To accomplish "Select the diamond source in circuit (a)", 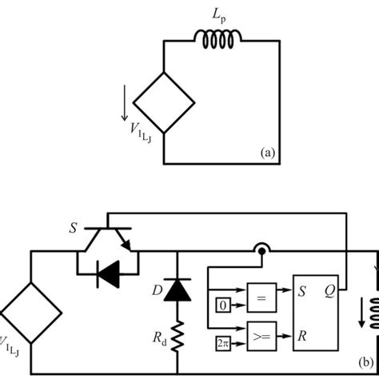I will pyautogui.click(x=163, y=102).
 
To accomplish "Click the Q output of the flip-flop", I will pyautogui.click(x=328, y=292).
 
